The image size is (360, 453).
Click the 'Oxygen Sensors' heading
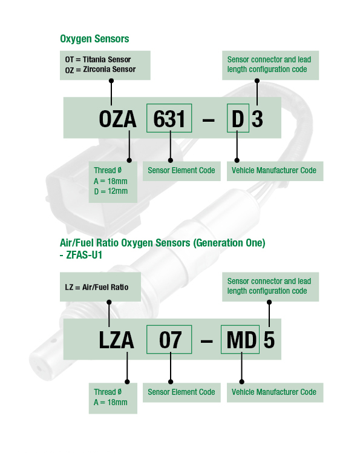pos(94,39)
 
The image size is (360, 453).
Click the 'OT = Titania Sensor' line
pos(98,59)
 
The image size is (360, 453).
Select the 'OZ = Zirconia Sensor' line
pos(100,70)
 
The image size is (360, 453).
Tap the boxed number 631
pos(169,119)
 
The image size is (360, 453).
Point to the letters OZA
pos(117,119)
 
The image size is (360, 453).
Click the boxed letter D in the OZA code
pos(238,119)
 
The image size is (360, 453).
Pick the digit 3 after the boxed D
pos(257,119)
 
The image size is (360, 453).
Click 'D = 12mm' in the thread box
pos(111,191)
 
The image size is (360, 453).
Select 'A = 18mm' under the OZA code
pos(111,181)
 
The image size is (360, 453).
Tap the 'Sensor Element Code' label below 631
pos(182,170)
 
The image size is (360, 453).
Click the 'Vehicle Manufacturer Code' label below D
pos(274,170)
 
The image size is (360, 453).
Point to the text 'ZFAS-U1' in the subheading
pos(84,255)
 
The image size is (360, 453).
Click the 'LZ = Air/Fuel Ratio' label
pos(97,287)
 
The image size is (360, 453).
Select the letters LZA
pos(116,340)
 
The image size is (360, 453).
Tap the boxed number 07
pos(171,340)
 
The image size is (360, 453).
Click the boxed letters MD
pos(241,340)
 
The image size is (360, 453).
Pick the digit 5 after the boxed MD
pos(269,340)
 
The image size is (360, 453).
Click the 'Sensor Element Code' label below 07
pos(182,392)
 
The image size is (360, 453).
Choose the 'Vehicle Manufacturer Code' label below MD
pos(274,392)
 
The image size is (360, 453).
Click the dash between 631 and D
pos(209,120)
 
